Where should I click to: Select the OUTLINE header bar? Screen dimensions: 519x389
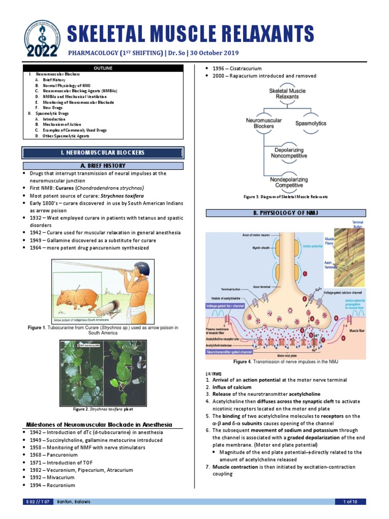[x=103, y=68]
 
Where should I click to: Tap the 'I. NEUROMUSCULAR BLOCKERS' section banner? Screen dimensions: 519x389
[x=103, y=153]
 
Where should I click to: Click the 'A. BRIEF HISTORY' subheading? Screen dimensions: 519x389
[x=103, y=166]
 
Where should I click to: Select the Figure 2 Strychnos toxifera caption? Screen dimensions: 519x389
[x=103, y=409]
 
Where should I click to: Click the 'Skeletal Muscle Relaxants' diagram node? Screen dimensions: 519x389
[x=287, y=94]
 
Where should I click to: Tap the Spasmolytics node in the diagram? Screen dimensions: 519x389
[x=310, y=123]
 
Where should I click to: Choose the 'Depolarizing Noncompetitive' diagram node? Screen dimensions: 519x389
[x=287, y=153]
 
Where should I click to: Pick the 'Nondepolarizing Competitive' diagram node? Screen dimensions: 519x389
[x=287, y=182]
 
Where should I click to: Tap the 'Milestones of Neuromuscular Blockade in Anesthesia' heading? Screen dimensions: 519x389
[x=99, y=424]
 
